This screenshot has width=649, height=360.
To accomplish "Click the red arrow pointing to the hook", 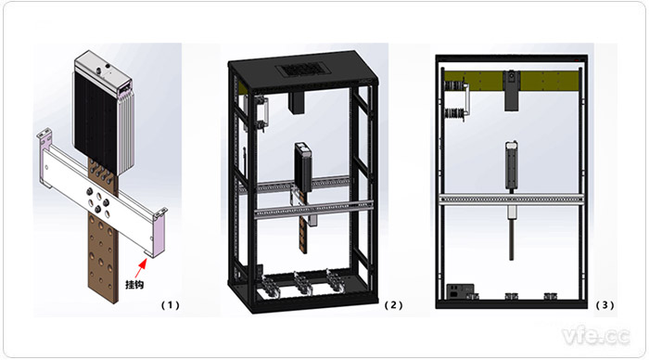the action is (x=141, y=267).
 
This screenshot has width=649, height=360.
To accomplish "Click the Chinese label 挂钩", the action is (x=134, y=285).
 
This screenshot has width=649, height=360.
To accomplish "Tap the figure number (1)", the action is (x=170, y=305).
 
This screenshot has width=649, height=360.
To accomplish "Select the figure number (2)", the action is (x=393, y=305).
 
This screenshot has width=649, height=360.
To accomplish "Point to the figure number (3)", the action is (x=604, y=305).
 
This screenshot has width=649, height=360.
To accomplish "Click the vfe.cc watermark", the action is (x=596, y=335).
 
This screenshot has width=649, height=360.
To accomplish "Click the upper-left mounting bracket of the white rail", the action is (x=44, y=135).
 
